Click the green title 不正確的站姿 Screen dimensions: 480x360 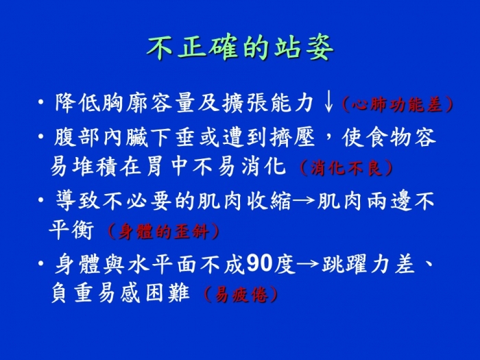[x=240, y=48]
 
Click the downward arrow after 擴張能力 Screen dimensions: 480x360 [x=328, y=103]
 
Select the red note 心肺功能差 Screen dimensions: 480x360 [x=397, y=105]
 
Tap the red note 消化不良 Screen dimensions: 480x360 [x=346, y=168]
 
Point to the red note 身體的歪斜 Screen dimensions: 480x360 [x=163, y=232]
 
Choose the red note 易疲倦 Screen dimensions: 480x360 [x=241, y=294]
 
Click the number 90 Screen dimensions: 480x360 [x=259, y=263]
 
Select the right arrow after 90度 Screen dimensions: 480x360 [x=308, y=263]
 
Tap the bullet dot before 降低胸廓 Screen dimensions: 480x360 [x=40, y=102]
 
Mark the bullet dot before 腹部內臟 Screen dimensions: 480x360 [x=40, y=136]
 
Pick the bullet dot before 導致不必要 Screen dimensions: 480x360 [x=40, y=200]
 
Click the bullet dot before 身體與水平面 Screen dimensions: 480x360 [x=40, y=263]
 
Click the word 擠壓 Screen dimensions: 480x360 [x=292, y=137]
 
